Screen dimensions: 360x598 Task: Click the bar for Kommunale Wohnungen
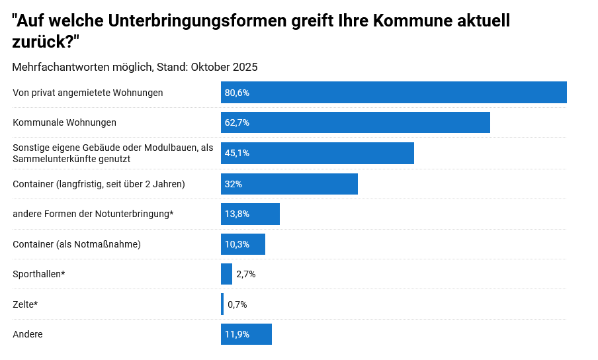[x=355, y=122]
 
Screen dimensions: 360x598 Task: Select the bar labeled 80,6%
[x=394, y=93]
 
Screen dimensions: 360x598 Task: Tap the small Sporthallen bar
[x=226, y=274]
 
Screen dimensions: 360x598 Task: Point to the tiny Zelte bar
[x=222, y=304]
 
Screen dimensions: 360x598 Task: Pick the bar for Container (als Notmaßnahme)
[x=243, y=244]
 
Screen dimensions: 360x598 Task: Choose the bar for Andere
[x=246, y=334]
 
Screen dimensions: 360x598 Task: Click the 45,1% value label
[x=237, y=153]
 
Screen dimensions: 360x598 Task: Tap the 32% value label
[x=233, y=184]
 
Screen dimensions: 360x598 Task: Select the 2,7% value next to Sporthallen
[x=245, y=274]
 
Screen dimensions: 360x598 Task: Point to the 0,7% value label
[x=237, y=304]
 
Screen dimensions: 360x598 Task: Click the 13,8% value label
[x=237, y=214]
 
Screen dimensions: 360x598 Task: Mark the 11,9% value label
[x=237, y=334]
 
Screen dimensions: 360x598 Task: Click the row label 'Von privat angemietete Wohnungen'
[x=88, y=93]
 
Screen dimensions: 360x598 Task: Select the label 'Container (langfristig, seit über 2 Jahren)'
[x=99, y=184]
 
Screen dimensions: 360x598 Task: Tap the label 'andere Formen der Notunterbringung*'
[x=93, y=214]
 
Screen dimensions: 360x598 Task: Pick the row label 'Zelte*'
[x=25, y=304]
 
